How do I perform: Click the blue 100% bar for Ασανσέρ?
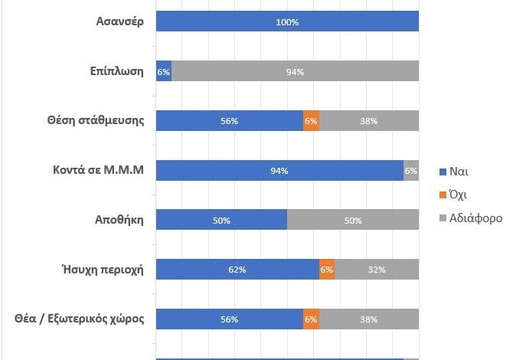tap(287, 21)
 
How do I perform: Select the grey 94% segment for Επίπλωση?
tap(295, 71)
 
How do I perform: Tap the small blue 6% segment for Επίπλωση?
tap(163, 71)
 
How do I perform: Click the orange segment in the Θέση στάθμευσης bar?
tap(311, 121)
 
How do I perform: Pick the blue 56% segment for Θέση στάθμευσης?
tap(230, 121)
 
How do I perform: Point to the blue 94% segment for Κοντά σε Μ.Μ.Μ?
tap(279, 171)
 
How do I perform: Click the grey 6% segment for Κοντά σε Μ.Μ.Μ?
tap(411, 171)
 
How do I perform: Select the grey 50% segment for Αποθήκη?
tap(353, 221)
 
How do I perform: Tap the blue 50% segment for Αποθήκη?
tap(221, 221)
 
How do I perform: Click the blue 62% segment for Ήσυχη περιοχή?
tap(237, 270)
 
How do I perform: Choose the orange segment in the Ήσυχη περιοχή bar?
tap(327, 270)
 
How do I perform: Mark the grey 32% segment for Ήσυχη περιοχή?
tap(377, 270)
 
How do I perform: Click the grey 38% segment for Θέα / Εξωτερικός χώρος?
tap(369, 319)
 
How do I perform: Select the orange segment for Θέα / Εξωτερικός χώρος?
tap(311, 319)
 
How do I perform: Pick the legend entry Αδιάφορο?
tap(475, 218)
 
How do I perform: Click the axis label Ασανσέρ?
tap(116, 21)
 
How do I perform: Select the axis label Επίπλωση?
tap(116, 71)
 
